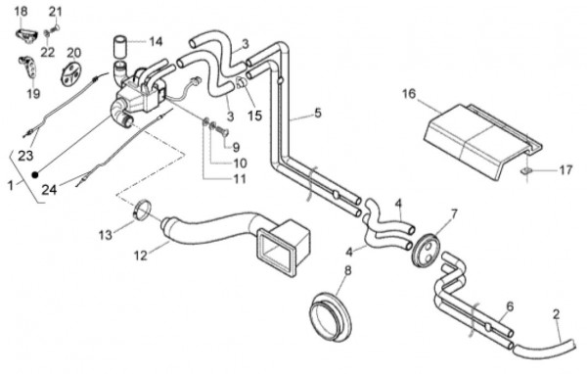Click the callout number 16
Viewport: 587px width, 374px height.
click(x=409, y=93)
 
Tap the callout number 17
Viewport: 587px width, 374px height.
click(x=565, y=170)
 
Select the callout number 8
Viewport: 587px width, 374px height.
click(x=347, y=270)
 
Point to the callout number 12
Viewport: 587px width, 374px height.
click(x=141, y=256)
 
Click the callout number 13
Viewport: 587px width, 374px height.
click(x=106, y=235)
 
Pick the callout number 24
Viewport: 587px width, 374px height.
click(x=49, y=190)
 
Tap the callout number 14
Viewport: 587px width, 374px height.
click(x=156, y=41)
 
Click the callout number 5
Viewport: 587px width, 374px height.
click(x=318, y=113)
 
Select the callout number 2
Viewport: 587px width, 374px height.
click(x=557, y=314)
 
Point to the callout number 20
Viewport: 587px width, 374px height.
click(x=73, y=53)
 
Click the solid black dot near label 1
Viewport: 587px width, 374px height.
click(x=35, y=174)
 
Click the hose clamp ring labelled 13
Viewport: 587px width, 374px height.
click(x=142, y=210)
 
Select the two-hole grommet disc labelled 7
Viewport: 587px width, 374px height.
click(x=426, y=250)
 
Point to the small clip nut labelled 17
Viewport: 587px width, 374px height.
click(x=526, y=171)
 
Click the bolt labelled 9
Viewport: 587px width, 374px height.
click(x=222, y=131)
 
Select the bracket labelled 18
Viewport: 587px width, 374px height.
click(x=26, y=35)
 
